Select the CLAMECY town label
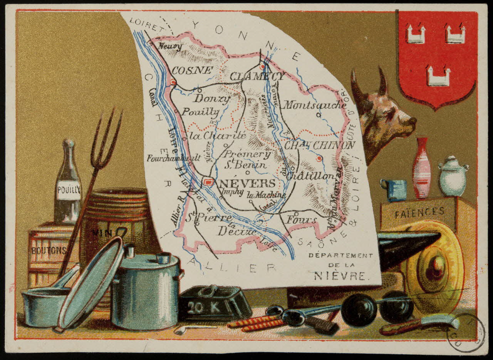(x=257, y=76)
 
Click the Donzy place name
(x=211, y=98)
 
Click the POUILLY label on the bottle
(x=69, y=190)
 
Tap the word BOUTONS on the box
(x=49, y=250)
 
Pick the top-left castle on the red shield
(x=416, y=34)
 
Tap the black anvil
(x=404, y=247)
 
